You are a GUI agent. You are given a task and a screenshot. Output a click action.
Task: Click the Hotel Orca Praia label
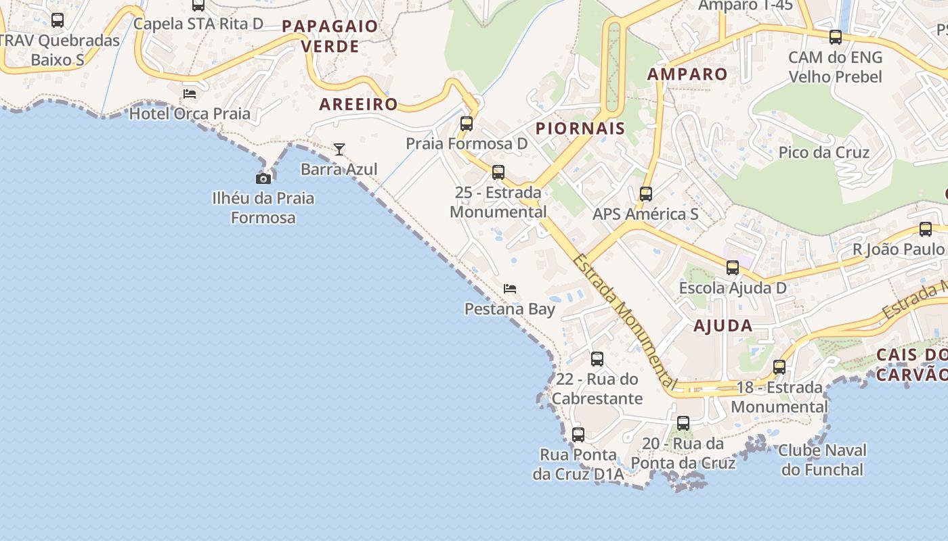tap(190, 114)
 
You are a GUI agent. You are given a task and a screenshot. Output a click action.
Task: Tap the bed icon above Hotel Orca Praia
tap(190, 93)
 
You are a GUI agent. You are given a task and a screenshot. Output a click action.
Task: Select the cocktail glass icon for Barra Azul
tap(339, 149)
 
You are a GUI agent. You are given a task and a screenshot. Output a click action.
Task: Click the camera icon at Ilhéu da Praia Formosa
tap(263, 179)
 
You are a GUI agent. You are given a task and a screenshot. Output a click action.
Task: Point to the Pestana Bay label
tap(509, 309)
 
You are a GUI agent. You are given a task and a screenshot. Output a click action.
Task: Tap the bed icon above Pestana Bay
tap(510, 289)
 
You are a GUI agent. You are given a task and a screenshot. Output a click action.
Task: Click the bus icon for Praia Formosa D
tap(467, 124)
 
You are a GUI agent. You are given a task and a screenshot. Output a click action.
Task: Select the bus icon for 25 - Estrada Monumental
tap(498, 172)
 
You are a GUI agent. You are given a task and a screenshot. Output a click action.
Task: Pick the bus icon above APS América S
tap(646, 194)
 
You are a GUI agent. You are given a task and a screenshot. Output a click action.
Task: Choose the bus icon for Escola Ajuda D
tap(733, 268)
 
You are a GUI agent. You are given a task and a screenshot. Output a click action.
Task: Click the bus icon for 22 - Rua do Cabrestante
tap(597, 359)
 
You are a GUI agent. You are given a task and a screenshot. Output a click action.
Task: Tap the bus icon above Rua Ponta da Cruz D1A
tap(578, 435)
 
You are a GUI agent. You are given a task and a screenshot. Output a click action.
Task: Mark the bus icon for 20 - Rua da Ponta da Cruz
tap(683, 424)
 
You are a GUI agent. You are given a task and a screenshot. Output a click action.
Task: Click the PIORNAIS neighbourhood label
tap(580, 128)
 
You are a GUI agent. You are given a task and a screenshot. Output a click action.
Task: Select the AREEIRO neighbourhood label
tap(358, 105)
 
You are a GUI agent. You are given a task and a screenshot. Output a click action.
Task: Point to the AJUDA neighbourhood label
tap(723, 326)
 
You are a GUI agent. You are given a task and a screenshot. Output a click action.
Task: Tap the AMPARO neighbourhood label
tap(687, 74)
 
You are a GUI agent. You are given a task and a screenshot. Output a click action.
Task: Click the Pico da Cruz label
tap(823, 152)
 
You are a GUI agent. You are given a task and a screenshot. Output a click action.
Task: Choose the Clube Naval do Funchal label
tap(822, 460)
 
